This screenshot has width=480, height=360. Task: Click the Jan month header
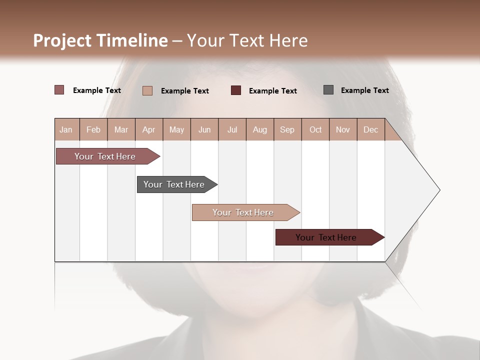66,129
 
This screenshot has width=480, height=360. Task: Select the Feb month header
93,129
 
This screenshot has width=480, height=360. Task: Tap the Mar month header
121,129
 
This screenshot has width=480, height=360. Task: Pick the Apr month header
149,129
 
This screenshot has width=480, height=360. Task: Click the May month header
176,129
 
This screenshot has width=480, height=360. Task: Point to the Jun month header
204,129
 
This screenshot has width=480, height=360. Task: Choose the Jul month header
232,129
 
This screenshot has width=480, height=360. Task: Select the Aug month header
260,129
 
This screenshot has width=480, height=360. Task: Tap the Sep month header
287,129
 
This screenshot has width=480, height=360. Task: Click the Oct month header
315,129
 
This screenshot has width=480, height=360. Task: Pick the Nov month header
343,129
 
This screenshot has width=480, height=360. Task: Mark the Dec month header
371,129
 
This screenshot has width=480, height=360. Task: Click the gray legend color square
328,90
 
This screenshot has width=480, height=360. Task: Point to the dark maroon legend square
236,90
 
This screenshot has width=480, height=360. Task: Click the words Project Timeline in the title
100,40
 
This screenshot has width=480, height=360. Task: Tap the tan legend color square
147,90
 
